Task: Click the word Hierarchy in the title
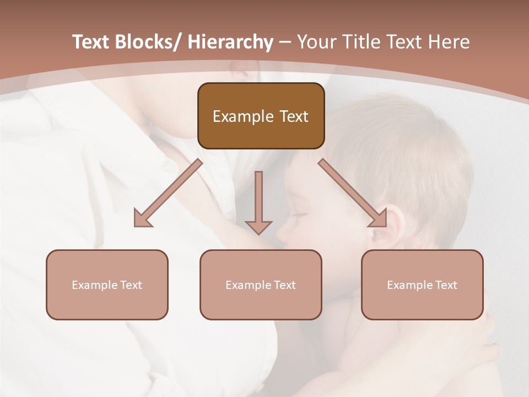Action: [230, 42]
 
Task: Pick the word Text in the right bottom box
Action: [446, 285]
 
